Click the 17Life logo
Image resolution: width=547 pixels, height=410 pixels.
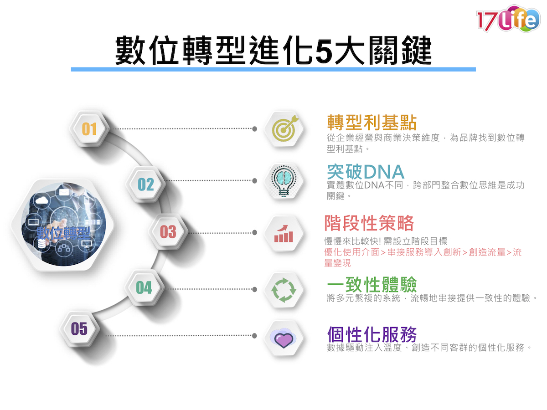coord(508,18)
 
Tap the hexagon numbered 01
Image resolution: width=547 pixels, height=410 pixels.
coord(89,129)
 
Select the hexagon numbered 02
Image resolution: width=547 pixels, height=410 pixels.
coord(145,184)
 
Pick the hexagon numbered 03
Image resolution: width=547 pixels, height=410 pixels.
coord(168,232)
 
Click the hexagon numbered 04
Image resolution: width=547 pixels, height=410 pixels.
coord(144,287)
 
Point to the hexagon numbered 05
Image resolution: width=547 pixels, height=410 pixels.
coord(79,328)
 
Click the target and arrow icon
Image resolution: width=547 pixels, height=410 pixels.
coord(284,129)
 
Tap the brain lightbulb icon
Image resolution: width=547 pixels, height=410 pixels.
coord(284,181)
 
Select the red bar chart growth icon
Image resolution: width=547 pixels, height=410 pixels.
coord(284,234)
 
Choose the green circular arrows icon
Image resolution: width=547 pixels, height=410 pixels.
coord(284,290)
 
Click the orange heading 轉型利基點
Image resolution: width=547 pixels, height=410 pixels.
coord(372,123)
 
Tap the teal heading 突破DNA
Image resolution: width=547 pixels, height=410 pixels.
coord(365,172)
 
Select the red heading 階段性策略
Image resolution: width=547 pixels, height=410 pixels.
coord(369,223)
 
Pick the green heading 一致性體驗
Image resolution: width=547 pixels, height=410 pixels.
coord(372,284)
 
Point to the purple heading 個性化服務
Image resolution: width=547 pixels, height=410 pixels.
coord(372,334)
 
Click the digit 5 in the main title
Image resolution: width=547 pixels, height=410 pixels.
coord(324,50)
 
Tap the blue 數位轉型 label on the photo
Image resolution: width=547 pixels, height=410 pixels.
coord(63,233)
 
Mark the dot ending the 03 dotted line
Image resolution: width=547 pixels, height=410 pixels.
coord(254,232)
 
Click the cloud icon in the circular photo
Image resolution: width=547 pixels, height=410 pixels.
coord(41,200)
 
